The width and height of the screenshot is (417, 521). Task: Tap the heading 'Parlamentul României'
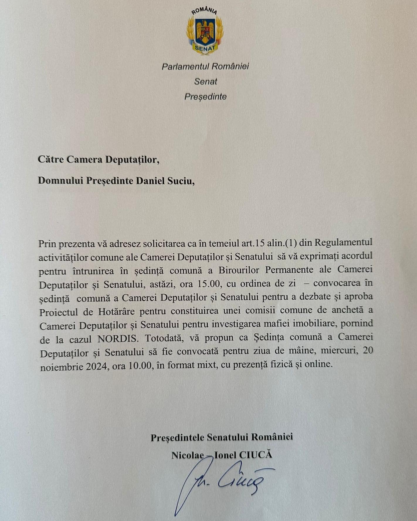[x=205, y=66]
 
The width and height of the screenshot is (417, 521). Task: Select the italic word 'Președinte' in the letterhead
[x=205, y=96]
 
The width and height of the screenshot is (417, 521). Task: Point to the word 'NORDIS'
[x=117, y=339]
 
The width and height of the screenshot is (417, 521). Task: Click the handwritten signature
[x=223, y=484]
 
